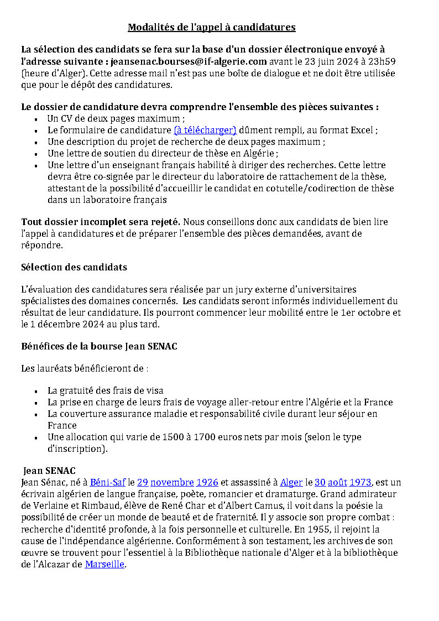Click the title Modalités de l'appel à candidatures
[x=212, y=27]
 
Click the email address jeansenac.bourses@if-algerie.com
[x=189, y=61]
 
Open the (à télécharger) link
[x=205, y=131]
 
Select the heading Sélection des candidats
[x=74, y=268]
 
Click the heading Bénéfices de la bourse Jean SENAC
[x=99, y=347]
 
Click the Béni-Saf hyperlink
[x=108, y=483]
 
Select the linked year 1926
[x=207, y=483]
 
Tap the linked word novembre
[x=172, y=483]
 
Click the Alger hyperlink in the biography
[x=291, y=483]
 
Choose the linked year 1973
[x=360, y=483]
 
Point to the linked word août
[x=337, y=483]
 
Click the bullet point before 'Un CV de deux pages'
[x=36, y=119]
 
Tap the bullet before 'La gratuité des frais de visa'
[x=36, y=391]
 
